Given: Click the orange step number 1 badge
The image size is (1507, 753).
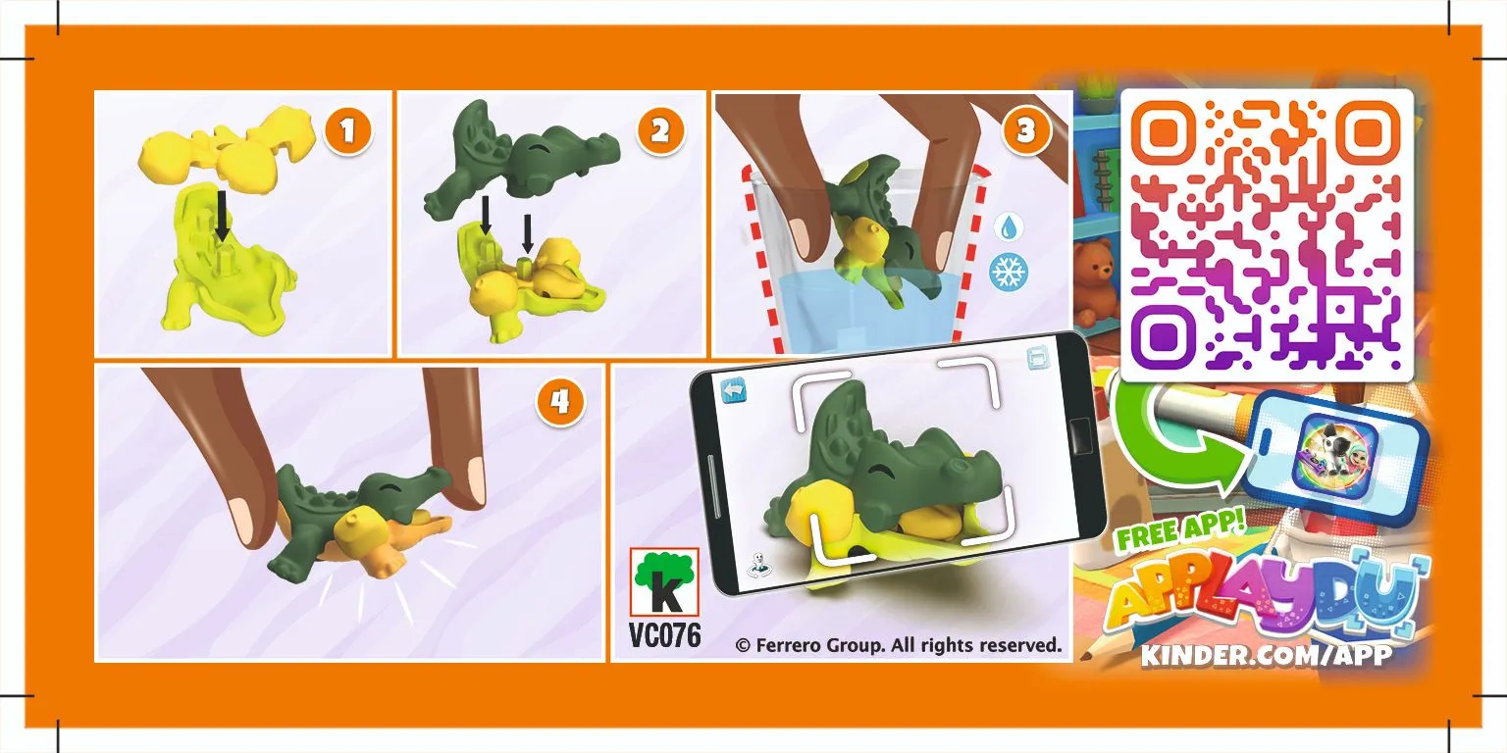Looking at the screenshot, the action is tap(348, 131).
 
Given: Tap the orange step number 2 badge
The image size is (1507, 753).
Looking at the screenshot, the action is tap(660, 131).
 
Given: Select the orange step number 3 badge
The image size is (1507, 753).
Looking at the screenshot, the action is tap(1025, 130).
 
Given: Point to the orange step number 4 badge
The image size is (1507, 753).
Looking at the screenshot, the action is tap(560, 402).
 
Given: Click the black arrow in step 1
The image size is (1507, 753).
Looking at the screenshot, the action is tap(222, 215).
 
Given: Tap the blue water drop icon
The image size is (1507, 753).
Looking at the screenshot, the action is tap(1008, 227).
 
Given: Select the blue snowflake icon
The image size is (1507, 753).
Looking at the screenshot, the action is tap(1009, 273).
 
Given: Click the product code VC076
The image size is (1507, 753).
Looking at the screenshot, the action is tap(664, 634).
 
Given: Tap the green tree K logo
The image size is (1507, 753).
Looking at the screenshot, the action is tap(664, 581).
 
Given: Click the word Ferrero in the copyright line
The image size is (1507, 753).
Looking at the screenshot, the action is tap(787, 645).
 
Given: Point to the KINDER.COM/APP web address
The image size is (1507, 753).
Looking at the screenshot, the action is tap(1267, 656).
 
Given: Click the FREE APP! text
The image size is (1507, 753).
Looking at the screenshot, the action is tap(1178, 530).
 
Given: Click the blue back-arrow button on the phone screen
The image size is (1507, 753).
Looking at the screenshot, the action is tap(733, 390).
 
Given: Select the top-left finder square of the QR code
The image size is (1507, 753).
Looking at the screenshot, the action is tap(1164, 132).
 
